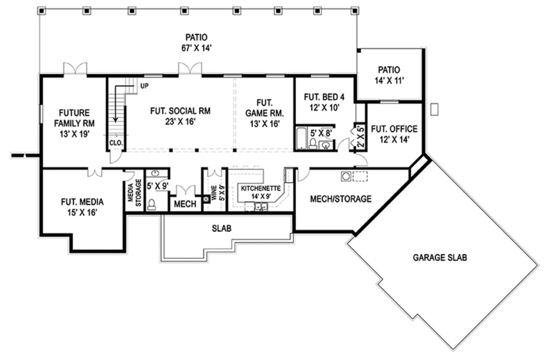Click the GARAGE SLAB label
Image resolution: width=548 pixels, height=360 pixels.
440,257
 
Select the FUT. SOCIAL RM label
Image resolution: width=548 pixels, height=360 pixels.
179,111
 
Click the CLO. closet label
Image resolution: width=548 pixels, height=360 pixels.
116,143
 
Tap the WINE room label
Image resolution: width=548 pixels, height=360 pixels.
213,192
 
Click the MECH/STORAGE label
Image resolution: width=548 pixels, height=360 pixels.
341,199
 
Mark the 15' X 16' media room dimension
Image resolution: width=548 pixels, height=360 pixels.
82,212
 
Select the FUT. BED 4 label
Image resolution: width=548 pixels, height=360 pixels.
324,97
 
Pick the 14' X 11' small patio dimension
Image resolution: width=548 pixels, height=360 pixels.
389,81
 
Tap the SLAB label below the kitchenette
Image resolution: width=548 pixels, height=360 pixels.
221,228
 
